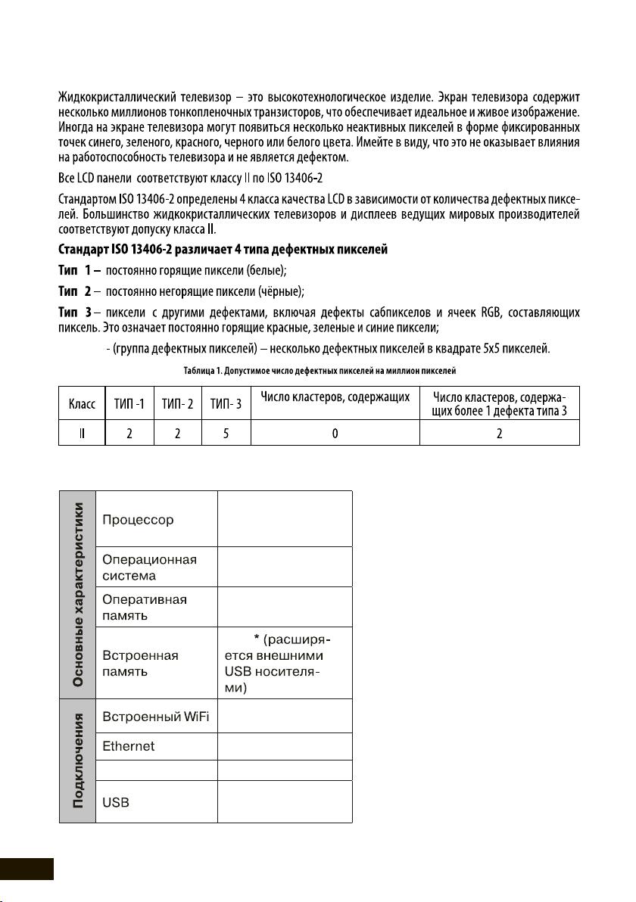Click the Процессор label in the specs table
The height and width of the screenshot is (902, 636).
coord(138,520)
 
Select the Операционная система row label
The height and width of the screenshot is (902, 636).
coord(149,568)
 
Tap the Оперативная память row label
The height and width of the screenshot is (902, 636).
coord(145,607)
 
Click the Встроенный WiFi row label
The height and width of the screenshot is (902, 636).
coord(155,717)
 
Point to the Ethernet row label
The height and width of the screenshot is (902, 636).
coord(128,746)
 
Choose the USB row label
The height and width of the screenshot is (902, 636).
coord(115,802)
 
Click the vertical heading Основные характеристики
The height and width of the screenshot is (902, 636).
coord(77,595)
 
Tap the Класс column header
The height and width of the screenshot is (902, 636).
coord(81,405)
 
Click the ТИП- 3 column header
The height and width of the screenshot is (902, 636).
coord(225,405)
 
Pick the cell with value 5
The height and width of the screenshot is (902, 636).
coord(225,435)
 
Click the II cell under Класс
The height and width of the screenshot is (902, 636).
coord(81,435)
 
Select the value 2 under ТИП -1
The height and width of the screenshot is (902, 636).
coord(129,435)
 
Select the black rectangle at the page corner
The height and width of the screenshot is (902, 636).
coord(26,869)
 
